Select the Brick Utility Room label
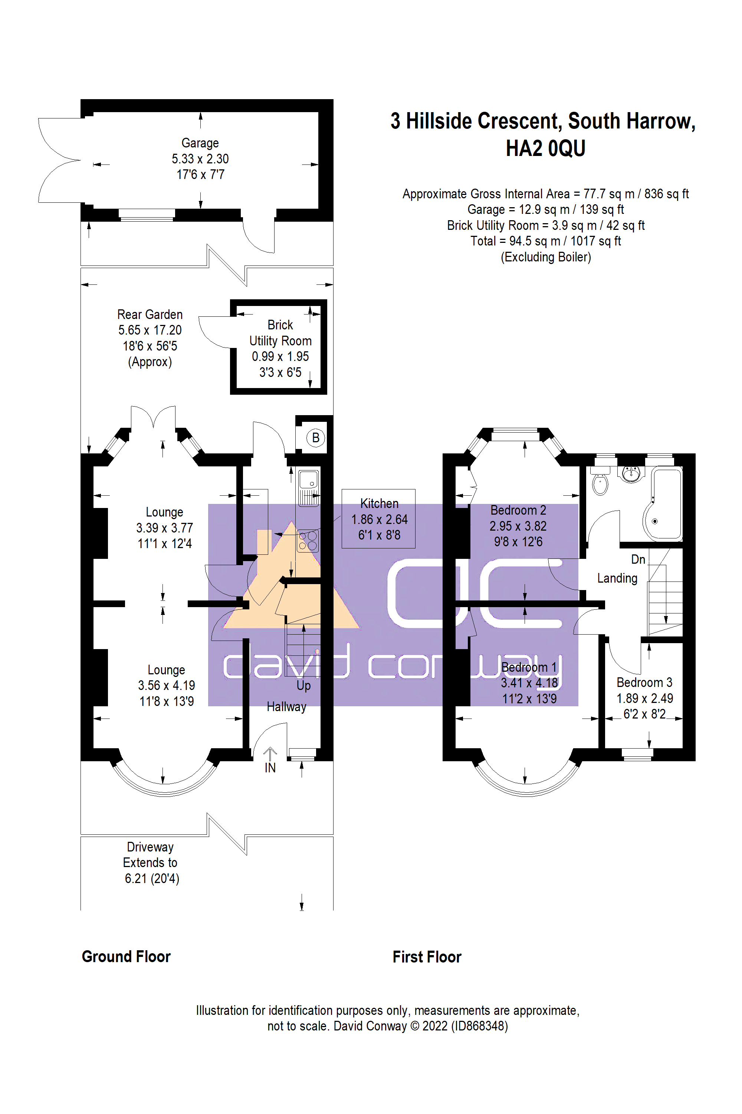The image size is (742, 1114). tap(280, 333)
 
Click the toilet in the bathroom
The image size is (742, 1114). tap(600, 483)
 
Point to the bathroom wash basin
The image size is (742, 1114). tap(631, 473)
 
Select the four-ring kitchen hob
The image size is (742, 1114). tap(308, 541)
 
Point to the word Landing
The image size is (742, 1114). tap(617, 578)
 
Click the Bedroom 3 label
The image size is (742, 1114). tap(644, 683)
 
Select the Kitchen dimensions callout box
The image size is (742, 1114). tap(378, 519)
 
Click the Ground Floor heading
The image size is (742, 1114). tap(126, 957)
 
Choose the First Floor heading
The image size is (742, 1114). tap(427, 957)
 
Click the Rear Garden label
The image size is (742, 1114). tap(150, 315)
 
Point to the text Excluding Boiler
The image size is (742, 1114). tap(546, 257)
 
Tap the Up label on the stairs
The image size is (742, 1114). tap(303, 685)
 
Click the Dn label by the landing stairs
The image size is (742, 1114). tap(638, 559)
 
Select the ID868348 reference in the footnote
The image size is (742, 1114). tap(479, 1026)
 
